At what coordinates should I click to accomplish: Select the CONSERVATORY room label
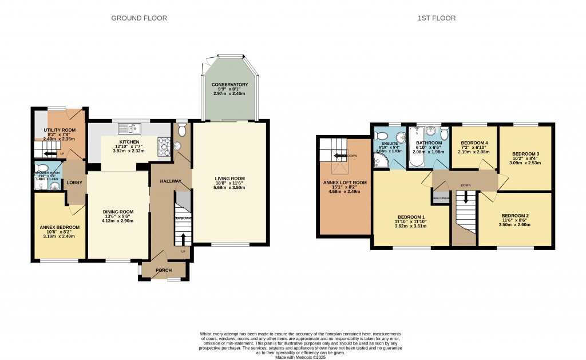coord(229,85)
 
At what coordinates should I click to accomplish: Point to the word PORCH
coord(164,270)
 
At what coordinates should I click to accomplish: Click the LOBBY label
coord(74,182)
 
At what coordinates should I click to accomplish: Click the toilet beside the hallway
coord(182,131)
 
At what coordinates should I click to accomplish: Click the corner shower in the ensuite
coord(381,162)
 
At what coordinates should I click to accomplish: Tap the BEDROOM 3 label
coord(524,154)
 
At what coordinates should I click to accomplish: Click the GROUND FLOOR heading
coord(139,18)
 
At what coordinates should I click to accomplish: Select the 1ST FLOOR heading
coord(436,18)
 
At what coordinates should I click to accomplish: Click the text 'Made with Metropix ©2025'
coord(300,357)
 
